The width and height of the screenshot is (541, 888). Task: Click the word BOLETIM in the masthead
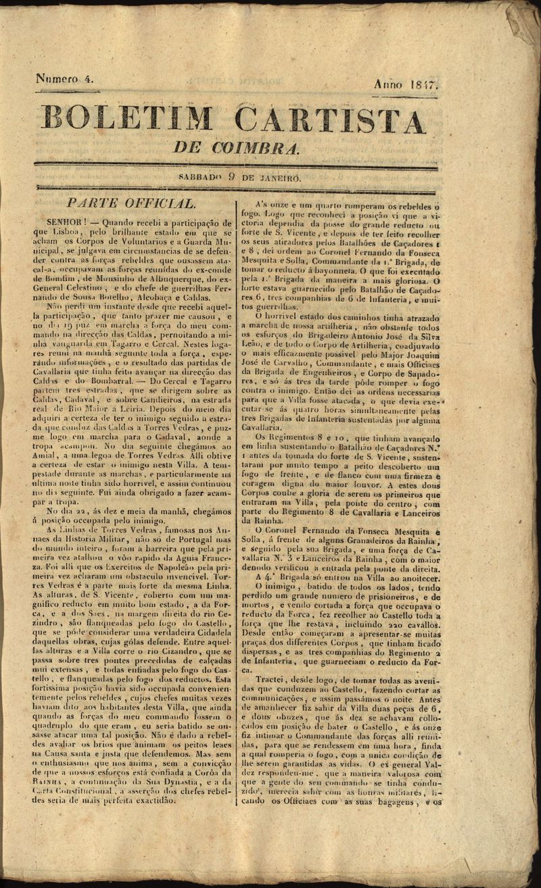coord(125,120)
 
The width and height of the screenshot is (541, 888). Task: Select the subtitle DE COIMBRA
coord(236,147)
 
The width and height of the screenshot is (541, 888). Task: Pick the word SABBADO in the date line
coord(201,178)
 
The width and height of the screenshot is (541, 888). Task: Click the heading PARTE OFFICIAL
coord(131,203)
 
